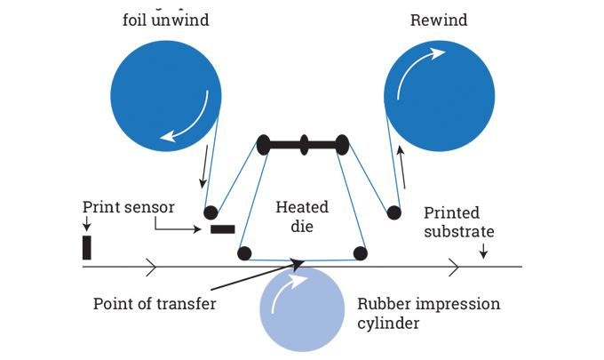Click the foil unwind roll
coord(166,95)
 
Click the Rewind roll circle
coord(438,95)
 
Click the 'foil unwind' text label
coord(166,19)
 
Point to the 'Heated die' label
coord(302,217)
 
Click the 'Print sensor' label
coord(129,207)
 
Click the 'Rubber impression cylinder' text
coord(428,313)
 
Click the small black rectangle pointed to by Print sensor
coord(223,229)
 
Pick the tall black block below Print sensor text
coord(87,247)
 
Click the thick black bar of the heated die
coord(303,144)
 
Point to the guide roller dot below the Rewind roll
coord(393,213)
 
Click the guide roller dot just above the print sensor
coord(211,212)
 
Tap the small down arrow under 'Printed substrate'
coord(482,252)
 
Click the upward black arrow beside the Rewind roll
coord(402,169)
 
